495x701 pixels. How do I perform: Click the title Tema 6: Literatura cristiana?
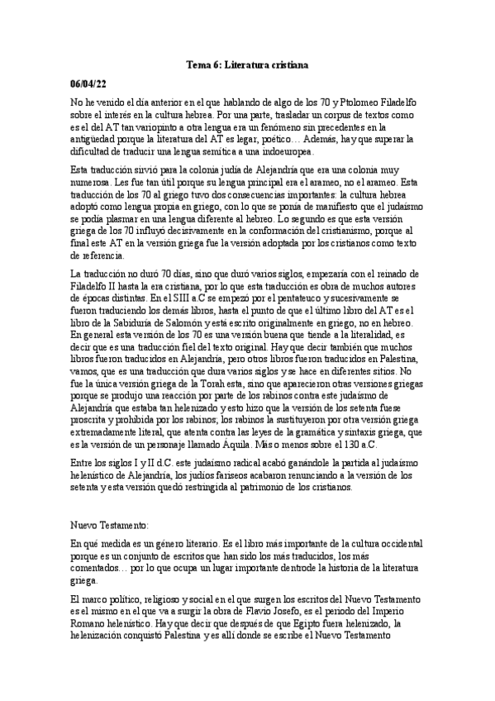[247, 64]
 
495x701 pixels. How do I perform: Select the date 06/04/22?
[88, 83]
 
